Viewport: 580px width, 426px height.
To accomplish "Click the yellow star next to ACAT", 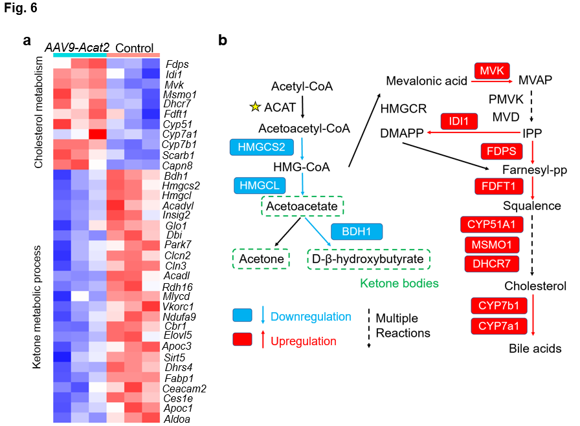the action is point(255,107).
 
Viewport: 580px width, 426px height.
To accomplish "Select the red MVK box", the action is point(492,70).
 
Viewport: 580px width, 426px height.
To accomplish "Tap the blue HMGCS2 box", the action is point(262,147).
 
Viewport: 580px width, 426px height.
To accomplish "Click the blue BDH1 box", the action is point(357,231).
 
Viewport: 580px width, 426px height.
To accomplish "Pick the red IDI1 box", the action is point(459,121).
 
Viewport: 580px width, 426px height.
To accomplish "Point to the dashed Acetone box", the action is point(261,259).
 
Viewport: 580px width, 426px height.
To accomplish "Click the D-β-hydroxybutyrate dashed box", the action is point(368,259).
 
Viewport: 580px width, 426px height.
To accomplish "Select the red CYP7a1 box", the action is point(498,326).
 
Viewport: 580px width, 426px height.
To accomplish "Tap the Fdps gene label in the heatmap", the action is point(177,64).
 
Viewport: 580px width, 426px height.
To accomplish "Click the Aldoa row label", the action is point(177,419).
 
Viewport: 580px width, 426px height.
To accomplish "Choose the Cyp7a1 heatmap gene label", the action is point(179,134).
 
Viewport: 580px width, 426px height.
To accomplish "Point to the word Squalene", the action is point(532,206).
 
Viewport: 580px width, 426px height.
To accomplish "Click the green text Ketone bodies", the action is point(399,283).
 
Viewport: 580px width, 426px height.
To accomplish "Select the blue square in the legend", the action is point(242,315).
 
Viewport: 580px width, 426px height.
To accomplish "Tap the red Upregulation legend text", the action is point(304,341).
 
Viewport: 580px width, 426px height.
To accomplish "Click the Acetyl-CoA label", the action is point(302,86).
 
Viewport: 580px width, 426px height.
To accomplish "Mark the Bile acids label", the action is point(535,348).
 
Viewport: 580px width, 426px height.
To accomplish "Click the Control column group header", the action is point(134,48).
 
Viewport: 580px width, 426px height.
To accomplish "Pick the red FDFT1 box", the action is point(498,186).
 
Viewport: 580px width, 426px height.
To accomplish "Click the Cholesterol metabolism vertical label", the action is point(38,112).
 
